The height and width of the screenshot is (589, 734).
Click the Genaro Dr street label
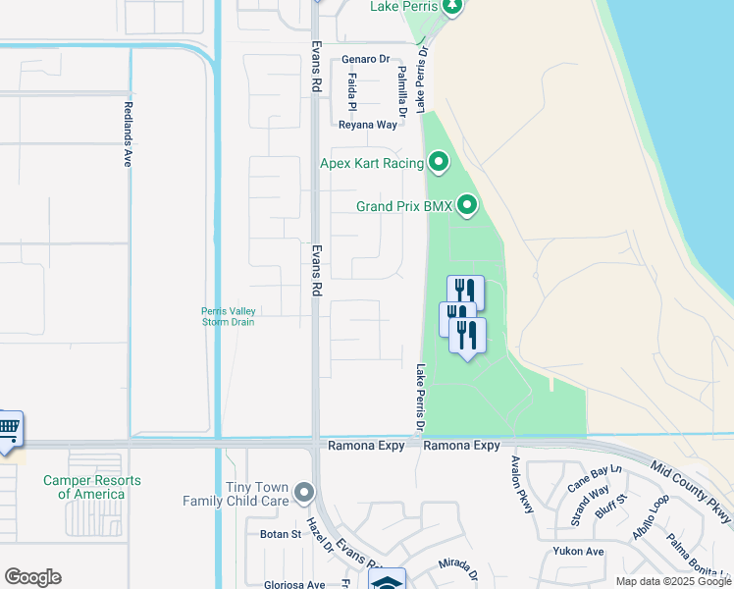pyautogui.click(x=366, y=59)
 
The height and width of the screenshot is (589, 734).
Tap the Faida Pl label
pyautogui.click(x=351, y=91)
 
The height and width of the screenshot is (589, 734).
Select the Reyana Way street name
pyautogui.click(x=368, y=125)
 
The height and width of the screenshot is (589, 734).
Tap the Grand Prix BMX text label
pyautogui.click(x=403, y=206)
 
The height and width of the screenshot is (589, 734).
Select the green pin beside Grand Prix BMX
pyautogui.click(x=467, y=205)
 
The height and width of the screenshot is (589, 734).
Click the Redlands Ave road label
pyautogui.click(x=128, y=134)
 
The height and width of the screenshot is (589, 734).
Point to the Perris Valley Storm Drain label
pyautogui.click(x=229, y=317)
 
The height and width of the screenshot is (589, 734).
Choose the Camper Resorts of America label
pyautogui.click(x=91, y=487)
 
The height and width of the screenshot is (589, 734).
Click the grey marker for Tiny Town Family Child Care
pyautogui.click(x=305, y=492)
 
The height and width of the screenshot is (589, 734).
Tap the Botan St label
pyautogui.click(x=281, y=534)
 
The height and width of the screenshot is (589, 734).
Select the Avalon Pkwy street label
pyautogui.click(x=521, y=485)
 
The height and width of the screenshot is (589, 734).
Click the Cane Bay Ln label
pyautogui.click(x=596, y=477)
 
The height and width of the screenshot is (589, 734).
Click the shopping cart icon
pyautogui.click(x=8, y=427)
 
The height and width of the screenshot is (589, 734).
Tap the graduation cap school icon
pyautogui.click(x=388, y=581)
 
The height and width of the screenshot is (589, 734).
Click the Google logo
pyautogui.click(x=32, y=577)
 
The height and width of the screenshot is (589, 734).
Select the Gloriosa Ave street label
pyautogui.click(x=294, y=584)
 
